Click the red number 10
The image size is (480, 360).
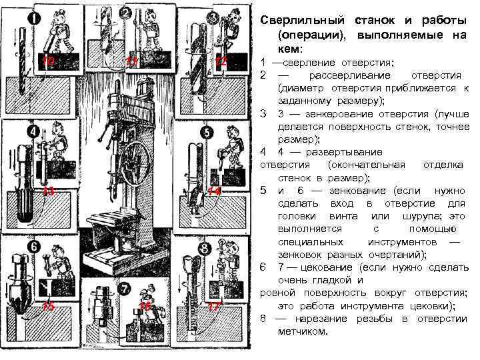click(x=47, y=62)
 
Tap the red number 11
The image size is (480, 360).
click(x=132, y=62)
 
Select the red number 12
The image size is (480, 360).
click(x=221, y=62)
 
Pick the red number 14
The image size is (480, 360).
click(x=214, y=192)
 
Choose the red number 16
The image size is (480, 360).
click(x=145, y=306)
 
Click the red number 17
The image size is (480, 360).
click(x=214, y=306)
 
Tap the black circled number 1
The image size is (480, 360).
click(x=32, y=19)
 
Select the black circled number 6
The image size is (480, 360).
click(x=32, y=246)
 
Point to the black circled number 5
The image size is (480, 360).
click(x=208, y=133)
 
